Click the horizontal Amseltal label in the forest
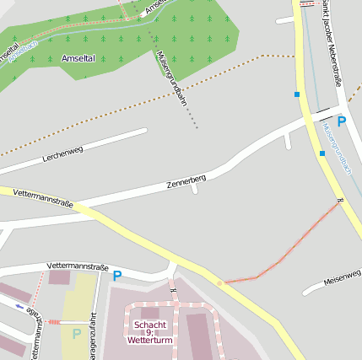79,58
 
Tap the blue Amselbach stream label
19,48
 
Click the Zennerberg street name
186,181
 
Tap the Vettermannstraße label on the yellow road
43,199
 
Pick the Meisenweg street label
343,276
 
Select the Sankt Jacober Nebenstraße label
326,42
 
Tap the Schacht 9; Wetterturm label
149,332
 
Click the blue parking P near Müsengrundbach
341,121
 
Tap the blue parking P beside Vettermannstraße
116,275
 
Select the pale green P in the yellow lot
77,333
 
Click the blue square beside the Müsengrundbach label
321,153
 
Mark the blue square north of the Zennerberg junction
296,94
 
